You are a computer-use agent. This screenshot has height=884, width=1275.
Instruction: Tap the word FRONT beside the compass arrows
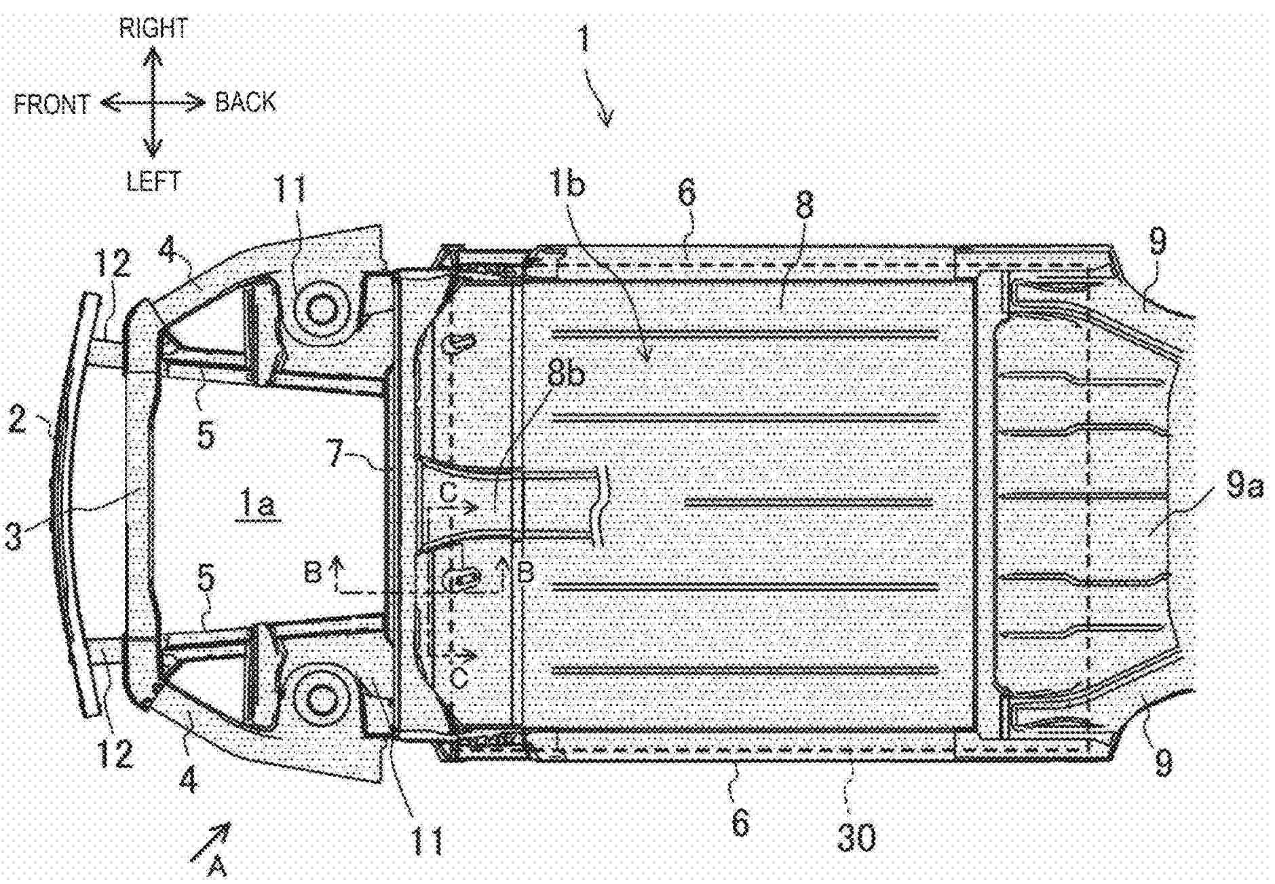(52, 103)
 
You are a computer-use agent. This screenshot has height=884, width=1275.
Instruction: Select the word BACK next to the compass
(246, 102)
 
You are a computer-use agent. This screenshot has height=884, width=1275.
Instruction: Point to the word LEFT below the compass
(153, 181)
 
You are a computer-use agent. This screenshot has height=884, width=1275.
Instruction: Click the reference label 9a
(1243, 486)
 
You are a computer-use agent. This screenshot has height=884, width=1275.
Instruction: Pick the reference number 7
(337, 454)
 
